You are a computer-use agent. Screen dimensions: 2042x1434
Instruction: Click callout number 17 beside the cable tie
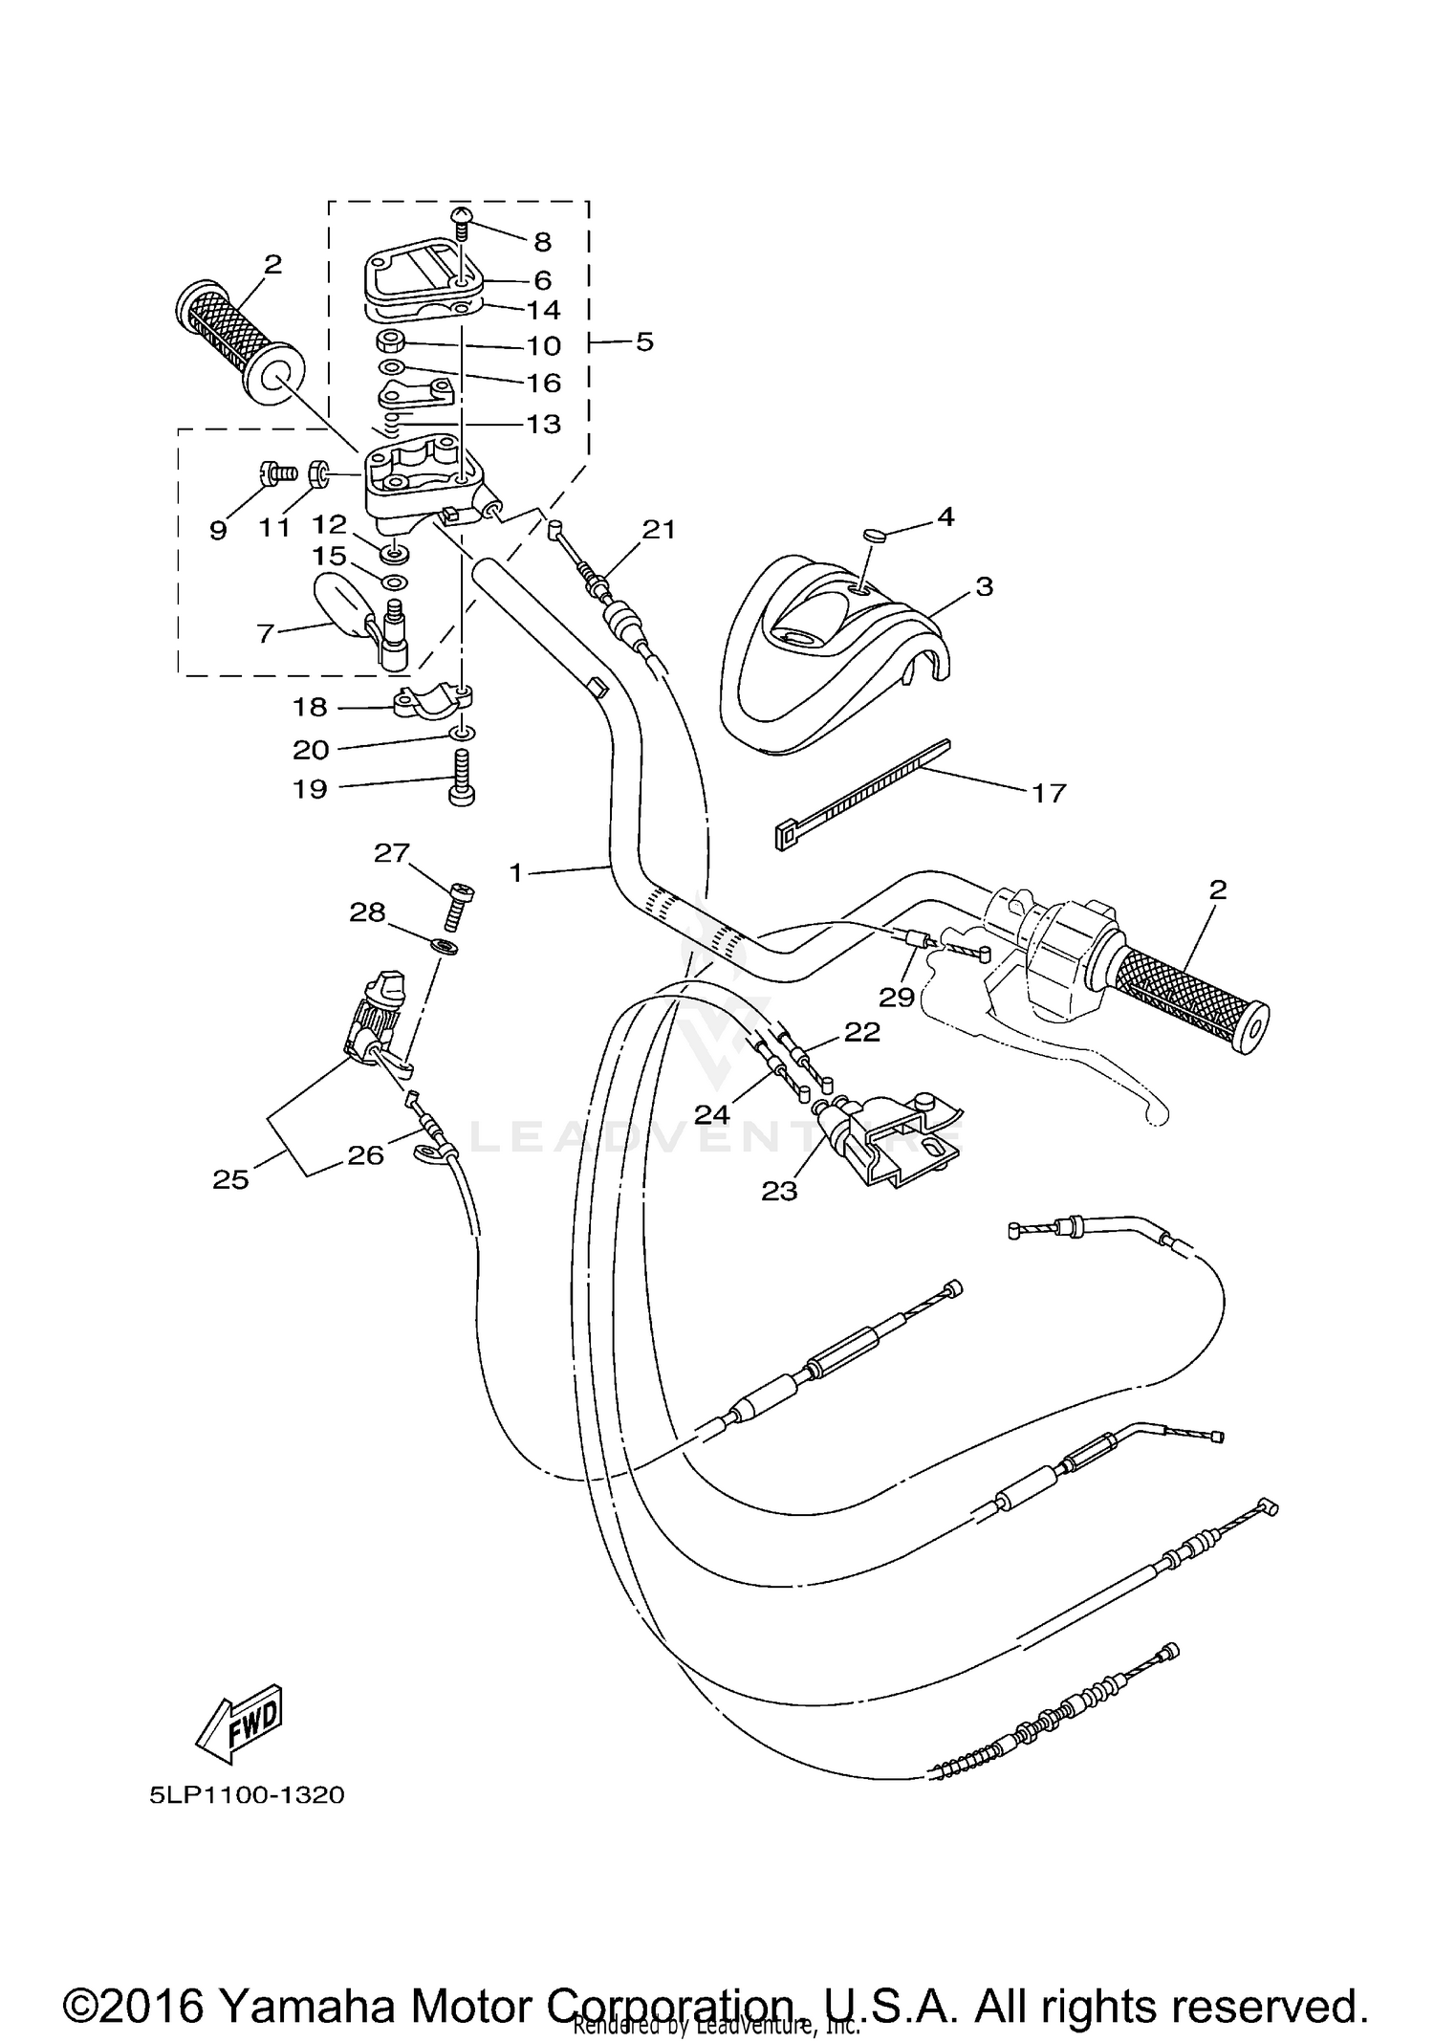(x=1049, y=793)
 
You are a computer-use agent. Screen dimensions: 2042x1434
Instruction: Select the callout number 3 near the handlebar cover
(x=984, y=586)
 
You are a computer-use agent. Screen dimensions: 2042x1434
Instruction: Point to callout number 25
(x=231, y=1179)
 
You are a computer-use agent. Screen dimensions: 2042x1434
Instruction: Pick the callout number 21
(x=659, y=529)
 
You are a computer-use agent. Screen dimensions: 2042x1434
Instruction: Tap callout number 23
(x=779, y=1191)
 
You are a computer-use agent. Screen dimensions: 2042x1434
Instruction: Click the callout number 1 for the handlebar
(x=516, y=872)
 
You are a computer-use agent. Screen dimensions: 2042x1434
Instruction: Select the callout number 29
(x=897, y=998)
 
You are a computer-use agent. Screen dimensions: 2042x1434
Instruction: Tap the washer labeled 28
(x=444, y=946)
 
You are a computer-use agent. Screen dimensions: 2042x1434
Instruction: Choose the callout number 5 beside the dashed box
(x=644, y=341)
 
